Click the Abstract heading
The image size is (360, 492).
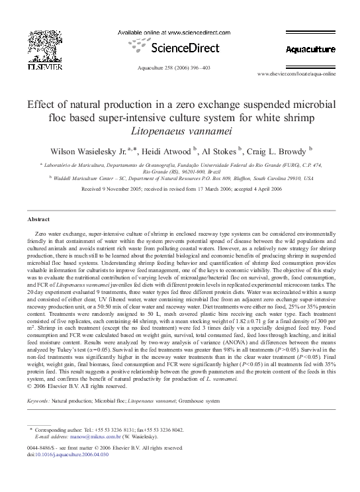(x=38, y=219)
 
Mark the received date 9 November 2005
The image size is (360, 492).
(x=134, y=189)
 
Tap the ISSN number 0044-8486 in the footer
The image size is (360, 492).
(x=40, y=448)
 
